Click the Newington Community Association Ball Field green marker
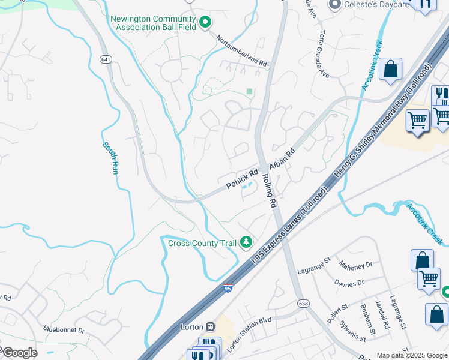pyautogui.click(x=205, y=23)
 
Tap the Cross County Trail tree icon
pyautogui.click(x=245, y=242)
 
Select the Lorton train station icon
pyautogui.click(x=210, y=327)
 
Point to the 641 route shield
pyautogui.click(x=106, y=59)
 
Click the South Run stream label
pyautogui.click(x=110, y=158)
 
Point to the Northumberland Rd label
pyautogui.click(x=241, y=50)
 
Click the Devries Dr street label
pyautogui.click(x=349, y=282)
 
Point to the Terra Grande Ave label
pyautogui.click(x=324, y=54)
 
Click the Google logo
pyautogui.click(x=20, y=353)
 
